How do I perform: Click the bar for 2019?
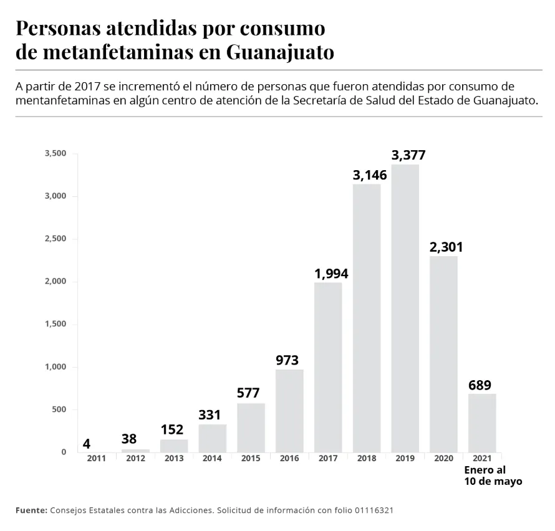coord(405,309)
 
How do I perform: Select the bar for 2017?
coord(328,368)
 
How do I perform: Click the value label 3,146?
coord(370,175)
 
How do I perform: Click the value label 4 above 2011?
coord(87,444)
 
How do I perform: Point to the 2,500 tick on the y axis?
coord(55,239)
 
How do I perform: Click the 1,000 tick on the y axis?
coord(55,367)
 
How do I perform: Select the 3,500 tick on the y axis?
coord(55,154)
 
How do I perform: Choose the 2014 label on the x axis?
coord(212,458)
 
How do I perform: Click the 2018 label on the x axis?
coord(366,458)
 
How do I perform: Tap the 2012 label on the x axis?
coord(135,458)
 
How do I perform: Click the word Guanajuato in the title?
coord(280,52)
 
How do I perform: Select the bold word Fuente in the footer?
coord(31,510)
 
